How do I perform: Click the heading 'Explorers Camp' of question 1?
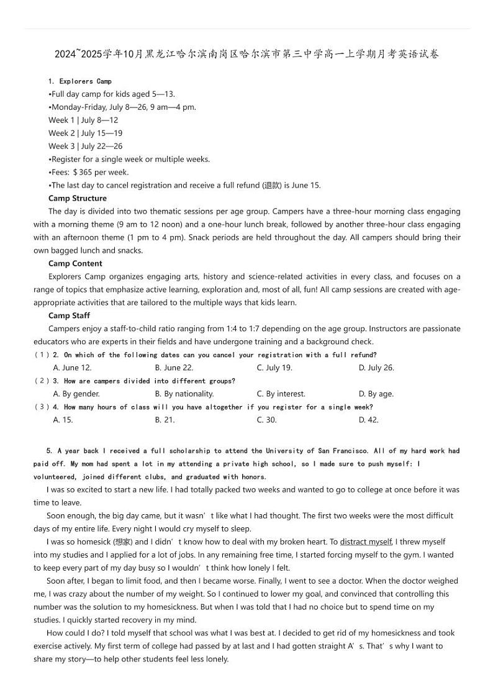pos(85,81)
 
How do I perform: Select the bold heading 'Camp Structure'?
pos(78,198)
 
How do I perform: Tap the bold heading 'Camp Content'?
pos(75,263)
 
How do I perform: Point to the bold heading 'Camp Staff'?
pos(69,315)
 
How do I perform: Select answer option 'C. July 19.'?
pos(274,368)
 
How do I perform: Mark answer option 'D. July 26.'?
pos(376,368)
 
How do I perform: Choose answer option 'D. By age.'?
pos(376,394)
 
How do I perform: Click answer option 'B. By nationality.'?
pos(184,394)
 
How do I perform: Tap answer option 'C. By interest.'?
pos(281,394)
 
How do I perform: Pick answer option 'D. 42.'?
pos(368,420)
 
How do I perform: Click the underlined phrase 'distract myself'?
pos(366,542)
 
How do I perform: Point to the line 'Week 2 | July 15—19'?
pos(85,133)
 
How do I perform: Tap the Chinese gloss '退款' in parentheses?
pos(272,185)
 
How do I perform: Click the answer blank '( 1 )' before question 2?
pos(42,355)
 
